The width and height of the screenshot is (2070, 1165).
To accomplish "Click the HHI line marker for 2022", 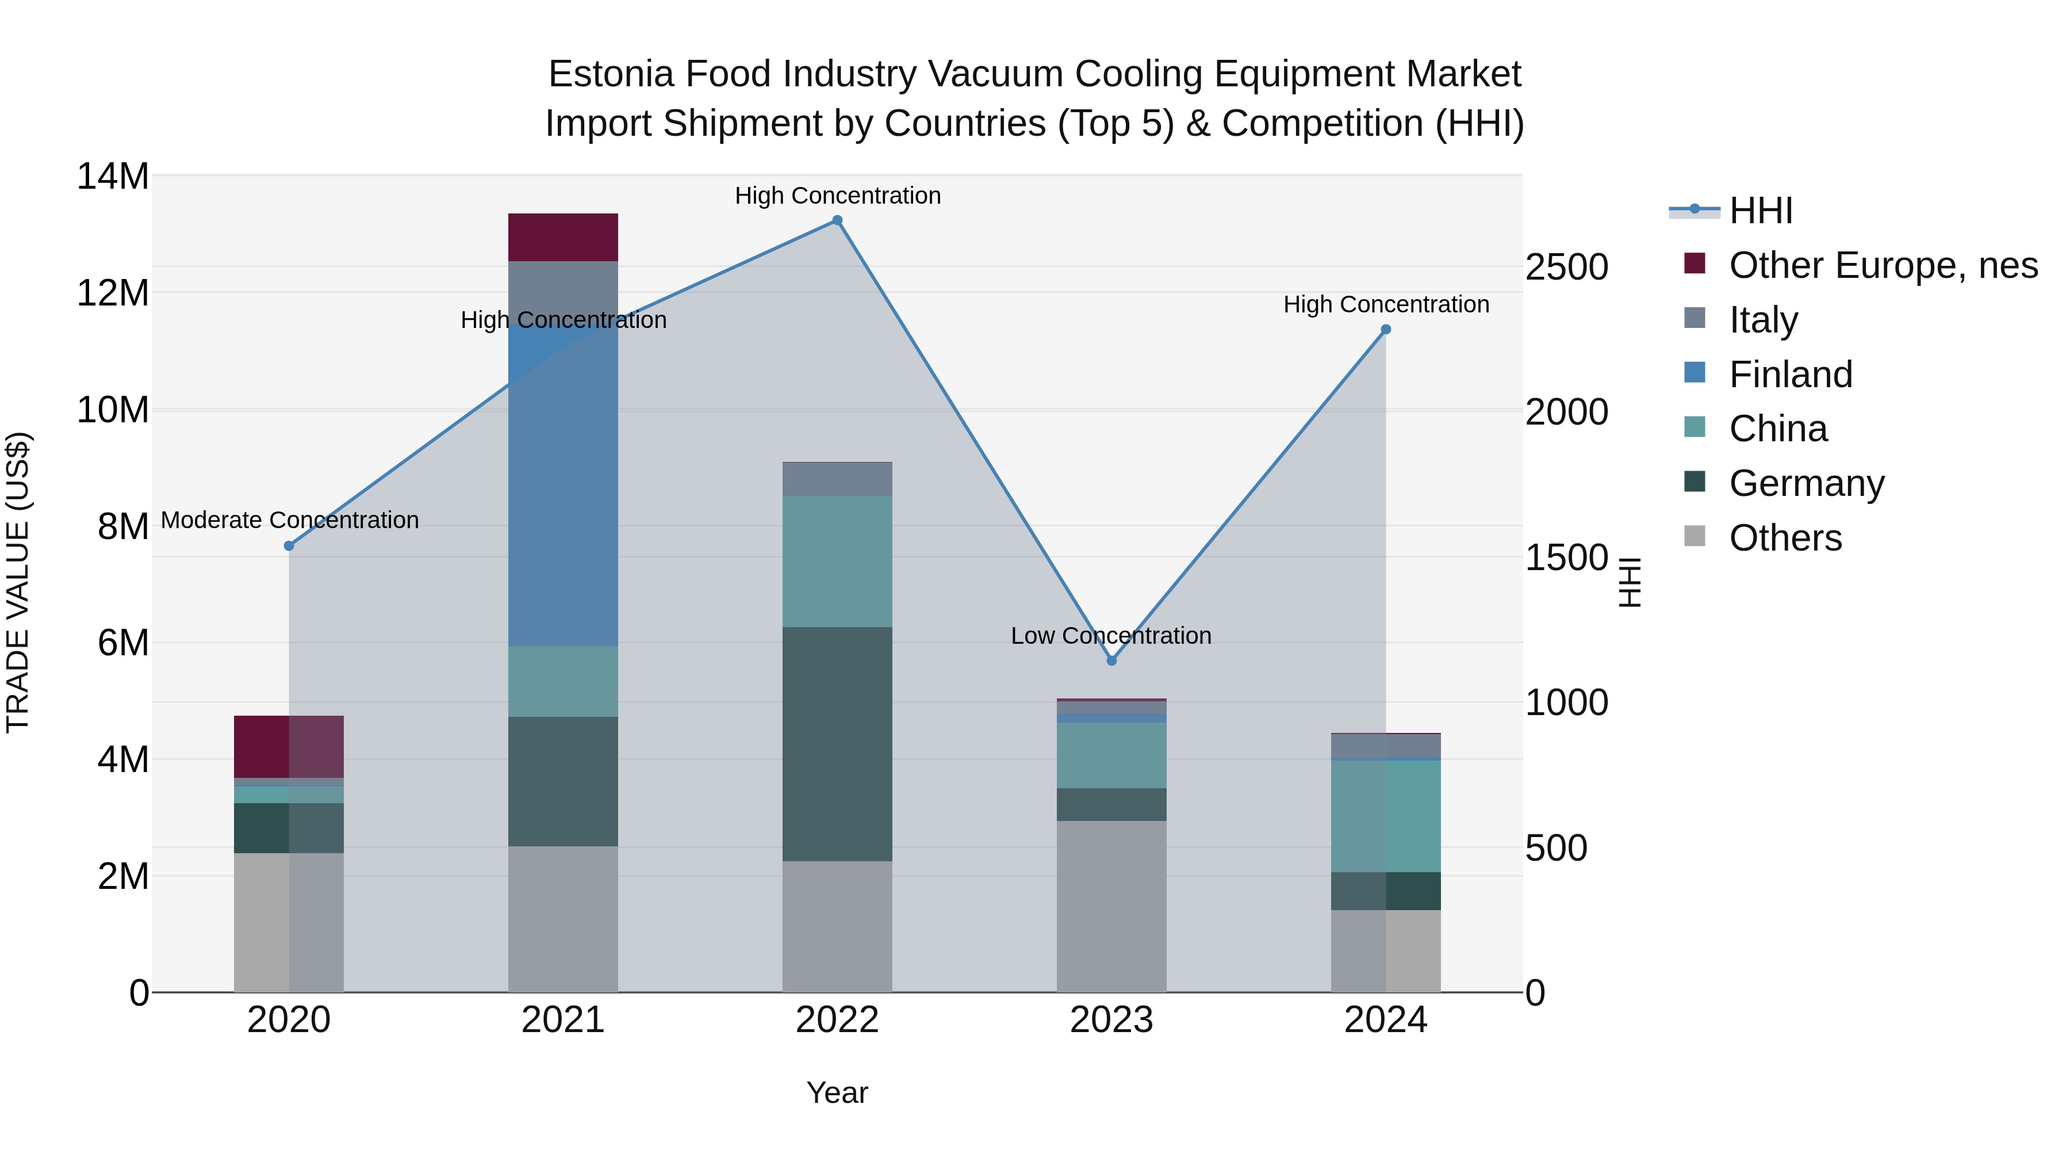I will click(x=837, y=220).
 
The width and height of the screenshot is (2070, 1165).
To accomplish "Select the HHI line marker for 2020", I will click(x=289, y=546).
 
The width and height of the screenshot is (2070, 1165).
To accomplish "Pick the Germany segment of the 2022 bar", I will click(x=837, y=744).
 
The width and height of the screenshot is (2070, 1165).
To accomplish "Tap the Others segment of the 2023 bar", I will click(x=1111, y=906).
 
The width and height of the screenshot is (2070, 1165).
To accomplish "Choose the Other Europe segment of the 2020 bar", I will click(x=289, y=746).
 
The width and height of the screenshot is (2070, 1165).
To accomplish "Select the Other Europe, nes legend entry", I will click(x=1882, y=265).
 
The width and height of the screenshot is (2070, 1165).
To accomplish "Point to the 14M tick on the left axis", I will click(x=113, y=176).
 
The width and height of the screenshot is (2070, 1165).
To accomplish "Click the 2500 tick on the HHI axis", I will click(x=1566, y=267).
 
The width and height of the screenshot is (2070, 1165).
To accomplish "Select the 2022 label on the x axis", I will click(x=837, y=1020).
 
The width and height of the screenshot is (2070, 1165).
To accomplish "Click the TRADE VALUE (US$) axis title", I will click(x=18, y=582).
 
